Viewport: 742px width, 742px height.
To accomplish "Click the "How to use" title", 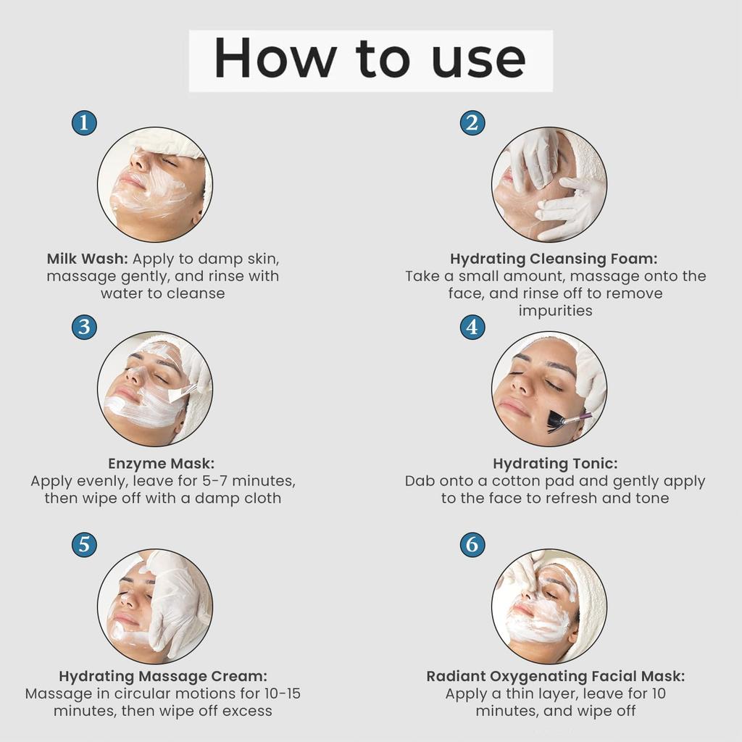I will coord(370,59).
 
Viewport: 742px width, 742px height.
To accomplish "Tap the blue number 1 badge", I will coord(84,122).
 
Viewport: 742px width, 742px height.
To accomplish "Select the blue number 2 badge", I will coord(472,122).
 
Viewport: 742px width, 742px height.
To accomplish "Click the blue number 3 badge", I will coord(84,327).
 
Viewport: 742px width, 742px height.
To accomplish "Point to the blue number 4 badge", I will coord(472,327).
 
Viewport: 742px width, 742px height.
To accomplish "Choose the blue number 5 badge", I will coord(84,544).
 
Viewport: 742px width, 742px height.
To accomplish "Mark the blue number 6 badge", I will coord(472,544).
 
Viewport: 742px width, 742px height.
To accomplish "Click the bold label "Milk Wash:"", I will coord(87,259).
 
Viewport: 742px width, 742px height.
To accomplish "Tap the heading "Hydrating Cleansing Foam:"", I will coord(554,259).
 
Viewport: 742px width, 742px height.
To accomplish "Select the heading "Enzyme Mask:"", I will coord(162,463).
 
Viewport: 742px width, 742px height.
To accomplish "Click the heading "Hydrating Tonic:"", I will coord(555,463).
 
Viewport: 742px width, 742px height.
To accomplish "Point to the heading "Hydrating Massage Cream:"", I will coord(163,676).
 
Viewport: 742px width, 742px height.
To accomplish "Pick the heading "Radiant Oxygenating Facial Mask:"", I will coord(555,676).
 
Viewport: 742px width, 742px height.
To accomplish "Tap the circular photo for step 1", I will coord(155,184).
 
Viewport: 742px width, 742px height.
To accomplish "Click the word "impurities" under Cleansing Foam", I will coord(555,311).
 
